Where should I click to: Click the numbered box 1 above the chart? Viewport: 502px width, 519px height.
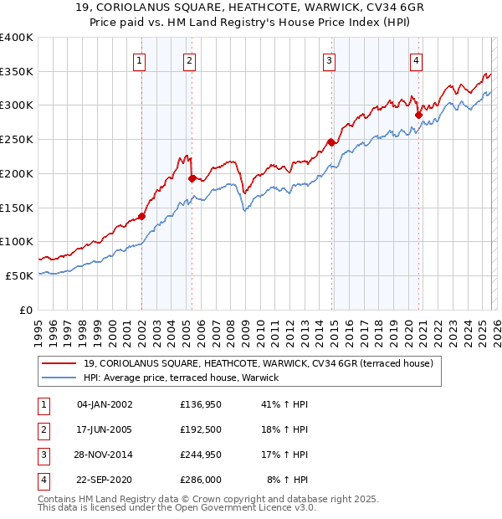(139, 59)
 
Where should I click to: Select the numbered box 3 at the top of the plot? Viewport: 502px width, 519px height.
(330, 59)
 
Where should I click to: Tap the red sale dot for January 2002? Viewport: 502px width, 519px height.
(141, 216)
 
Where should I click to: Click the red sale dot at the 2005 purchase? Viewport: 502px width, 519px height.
(192, 178)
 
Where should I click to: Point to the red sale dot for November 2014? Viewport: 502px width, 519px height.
(331, 142)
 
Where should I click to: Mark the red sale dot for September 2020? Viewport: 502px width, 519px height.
(418, 115)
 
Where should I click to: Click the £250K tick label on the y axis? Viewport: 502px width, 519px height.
(17, 139)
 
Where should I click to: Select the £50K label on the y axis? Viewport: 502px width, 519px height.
(20, 275)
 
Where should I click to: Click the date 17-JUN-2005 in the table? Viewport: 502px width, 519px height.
(105, 429)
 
